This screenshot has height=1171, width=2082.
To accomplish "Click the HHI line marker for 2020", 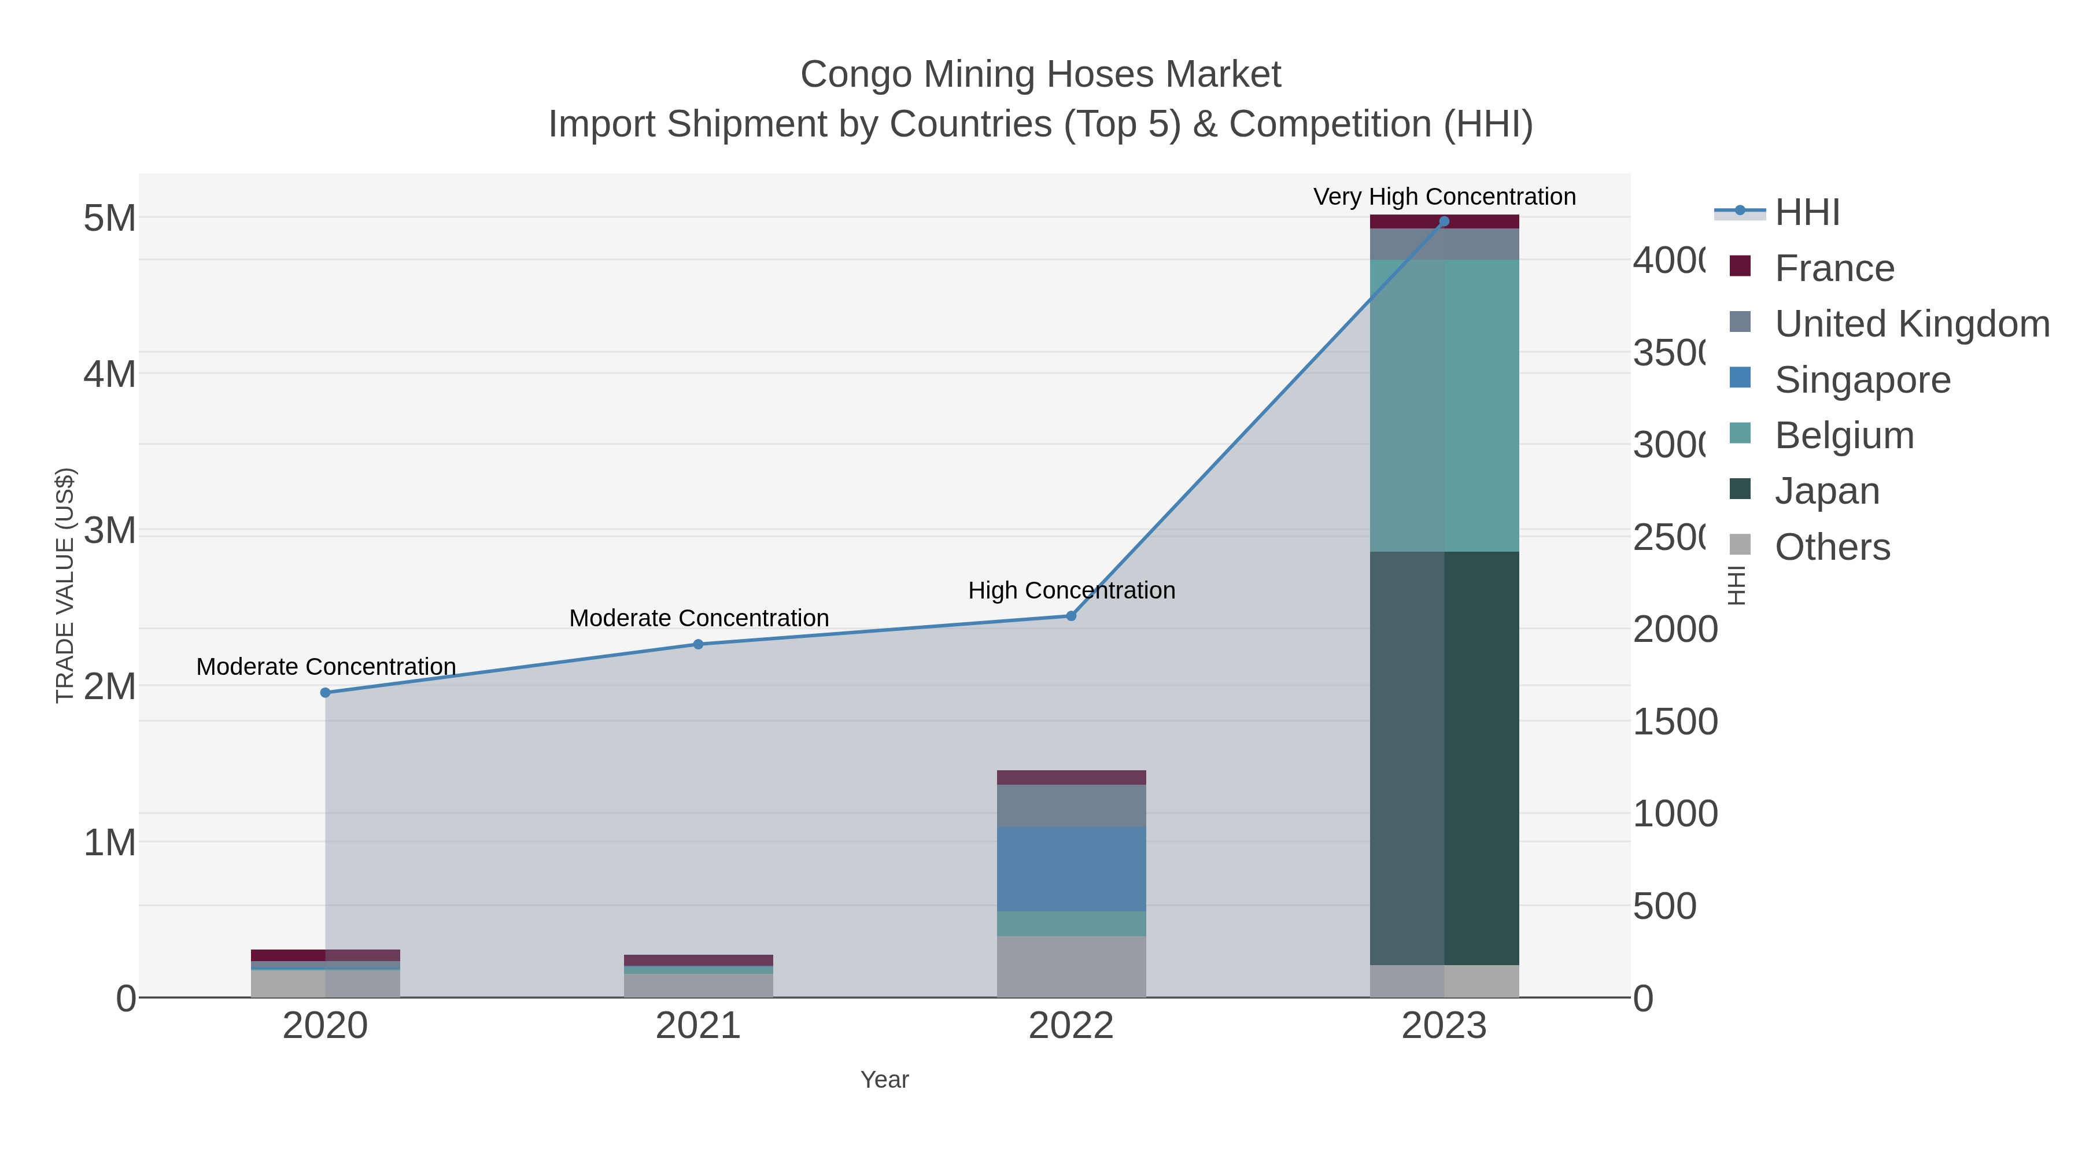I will (x=326, y=693).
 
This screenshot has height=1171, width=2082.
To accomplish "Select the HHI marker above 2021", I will (x=698, y=644).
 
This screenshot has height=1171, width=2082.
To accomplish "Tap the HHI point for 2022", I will (x=1071, y=616).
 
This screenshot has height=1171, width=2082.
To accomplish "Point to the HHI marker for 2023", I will (x=1444, y=221).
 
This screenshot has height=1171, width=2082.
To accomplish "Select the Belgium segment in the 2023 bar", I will (x=1444, y=406).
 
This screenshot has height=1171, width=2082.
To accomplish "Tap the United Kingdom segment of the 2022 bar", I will (x=1071, y=806).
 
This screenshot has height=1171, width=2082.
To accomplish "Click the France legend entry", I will (x=1834, y=268).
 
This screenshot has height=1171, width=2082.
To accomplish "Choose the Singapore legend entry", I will (x=1862, y=380).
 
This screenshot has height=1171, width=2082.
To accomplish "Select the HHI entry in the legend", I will (x=1807, y=213).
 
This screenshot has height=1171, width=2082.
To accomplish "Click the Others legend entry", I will (x=1832, y=547).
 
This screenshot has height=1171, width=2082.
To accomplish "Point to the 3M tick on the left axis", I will (x=110, y=531).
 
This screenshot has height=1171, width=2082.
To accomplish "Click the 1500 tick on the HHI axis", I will (x=1675, y=722).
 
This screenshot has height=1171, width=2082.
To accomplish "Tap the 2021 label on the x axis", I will (x=697, y=1026).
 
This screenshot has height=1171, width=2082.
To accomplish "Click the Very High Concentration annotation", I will (x=1444, y=197).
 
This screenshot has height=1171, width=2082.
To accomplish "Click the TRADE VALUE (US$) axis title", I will (x=65, y=585).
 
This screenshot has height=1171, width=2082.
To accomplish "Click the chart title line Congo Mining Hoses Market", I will (x=1040, y=75).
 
